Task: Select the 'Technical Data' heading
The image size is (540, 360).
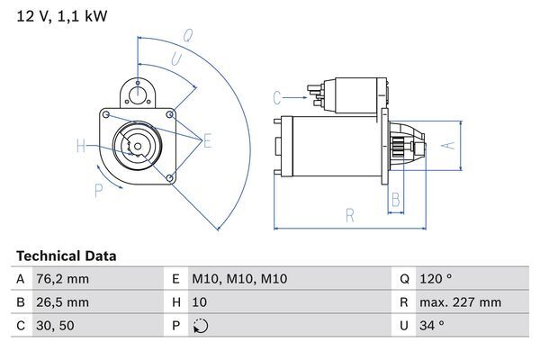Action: click(x=66, y=256)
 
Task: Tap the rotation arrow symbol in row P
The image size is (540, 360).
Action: click(x=199, y=326)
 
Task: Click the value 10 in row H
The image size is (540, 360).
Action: click(x=201, y=302)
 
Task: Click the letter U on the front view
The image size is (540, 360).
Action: click(x=175, y=59)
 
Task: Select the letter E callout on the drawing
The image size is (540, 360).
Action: click(x=207, y=139)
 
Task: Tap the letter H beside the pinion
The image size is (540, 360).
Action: click(x=81, y=146)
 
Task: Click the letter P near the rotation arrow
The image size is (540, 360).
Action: click(x=98, y=190)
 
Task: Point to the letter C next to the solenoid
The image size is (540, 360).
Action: click(x=277, y=95)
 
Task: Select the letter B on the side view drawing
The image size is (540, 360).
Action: click(x=395, y=200)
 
